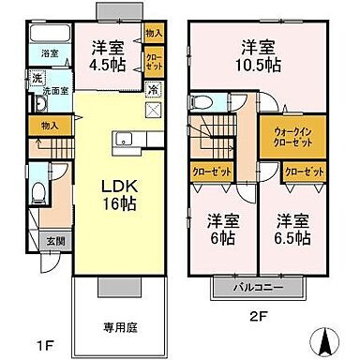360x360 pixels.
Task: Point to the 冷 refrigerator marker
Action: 152,90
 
